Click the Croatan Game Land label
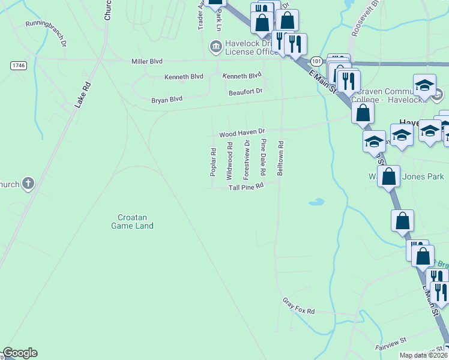coord(132,221)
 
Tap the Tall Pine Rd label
coord(246,187)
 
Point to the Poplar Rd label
coord(213,162)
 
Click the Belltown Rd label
coord(280,158)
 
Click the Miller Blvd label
coord(147,61)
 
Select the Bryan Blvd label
coord(166,100)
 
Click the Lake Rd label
coord(82,95)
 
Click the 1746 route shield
coord(17,64)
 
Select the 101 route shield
coord(316,61)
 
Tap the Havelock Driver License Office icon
coord(215,47)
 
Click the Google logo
coord(20,353)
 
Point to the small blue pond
coord(316,202)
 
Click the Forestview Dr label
coord(246,160)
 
